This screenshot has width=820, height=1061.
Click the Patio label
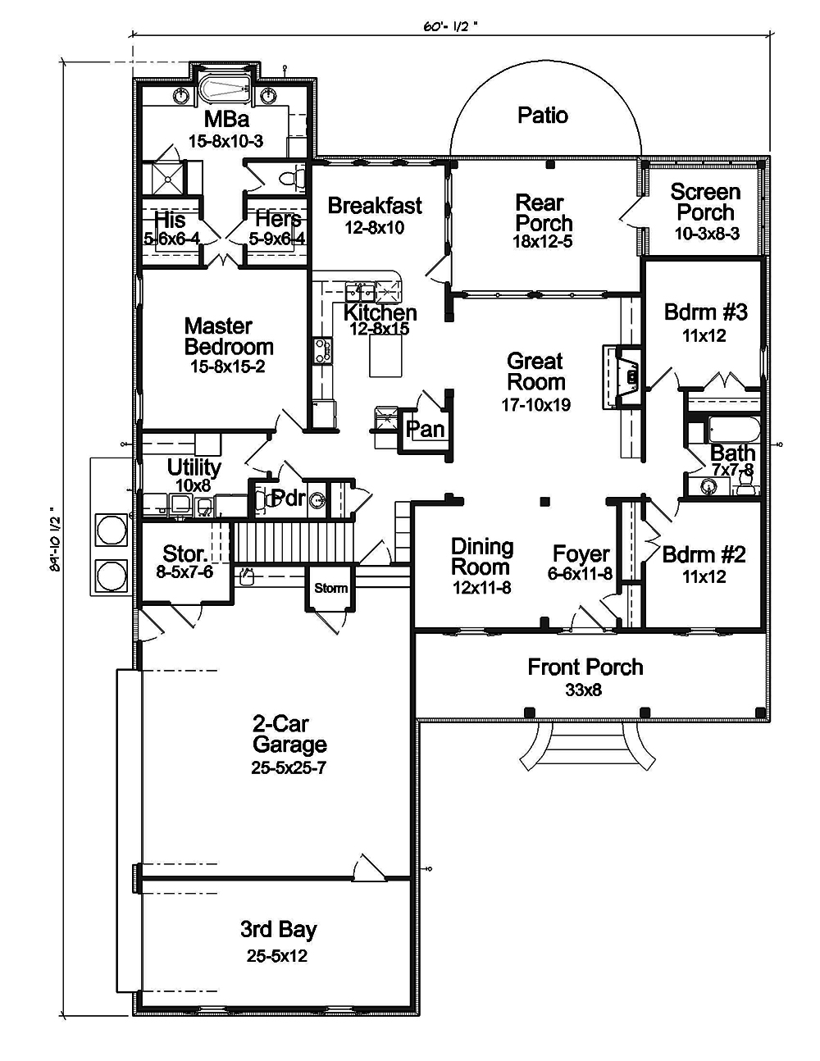tap(543, 116)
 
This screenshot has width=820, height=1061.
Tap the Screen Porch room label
tap(705, 203)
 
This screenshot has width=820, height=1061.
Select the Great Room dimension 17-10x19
tap(539, 404)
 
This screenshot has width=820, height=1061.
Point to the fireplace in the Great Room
tap(628, 375)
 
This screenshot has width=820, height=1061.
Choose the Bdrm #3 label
tap(705, 312)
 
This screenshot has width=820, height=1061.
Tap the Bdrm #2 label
tap(704, 555)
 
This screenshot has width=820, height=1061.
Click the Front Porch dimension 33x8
tap(584, 690)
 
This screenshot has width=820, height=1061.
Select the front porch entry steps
tap(585, 746)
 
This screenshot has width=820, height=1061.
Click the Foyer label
tap(581, 554)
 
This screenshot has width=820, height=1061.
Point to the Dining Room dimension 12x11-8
tap(482, 587)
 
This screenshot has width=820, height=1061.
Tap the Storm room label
tap(330, 588)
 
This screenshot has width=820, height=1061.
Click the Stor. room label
tap(184, 553)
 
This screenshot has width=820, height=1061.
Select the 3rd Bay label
tap(278, 930)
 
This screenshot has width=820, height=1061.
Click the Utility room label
tap(194, 467)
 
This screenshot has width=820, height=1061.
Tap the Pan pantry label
tap(426, 429)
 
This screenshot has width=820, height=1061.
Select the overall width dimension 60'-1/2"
tap(450, 26)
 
